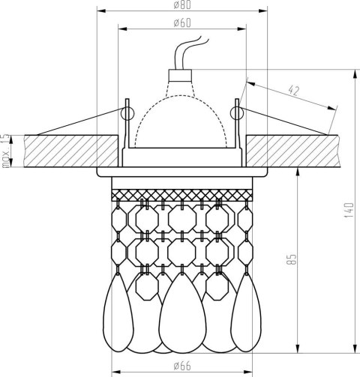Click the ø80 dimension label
[x=182, y=5]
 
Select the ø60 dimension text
[x=182, y=23]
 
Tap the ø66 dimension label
[x=182, y=367]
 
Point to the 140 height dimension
[x=349, y=210]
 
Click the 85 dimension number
[x=291, y=259]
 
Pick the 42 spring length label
[x=293, y=91]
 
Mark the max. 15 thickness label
[x=5, y=151]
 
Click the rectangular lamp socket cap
[x=180, y=76]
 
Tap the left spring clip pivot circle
[x=127, y=113]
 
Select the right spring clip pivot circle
[x=237, y=113]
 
